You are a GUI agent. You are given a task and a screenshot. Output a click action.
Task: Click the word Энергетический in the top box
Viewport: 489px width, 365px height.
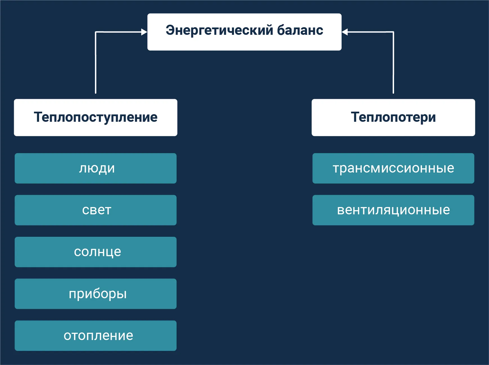click(x=219, y=30)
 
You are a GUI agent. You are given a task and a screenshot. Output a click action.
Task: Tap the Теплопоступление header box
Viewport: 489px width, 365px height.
click(x=95, y=118)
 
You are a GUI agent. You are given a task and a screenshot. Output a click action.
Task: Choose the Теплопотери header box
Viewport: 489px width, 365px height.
click(x=393, y=118)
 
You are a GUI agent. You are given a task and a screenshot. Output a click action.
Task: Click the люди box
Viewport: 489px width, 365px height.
click(x=95, y=168)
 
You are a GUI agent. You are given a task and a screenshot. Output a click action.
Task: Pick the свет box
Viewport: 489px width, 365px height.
click(x=95, y=210)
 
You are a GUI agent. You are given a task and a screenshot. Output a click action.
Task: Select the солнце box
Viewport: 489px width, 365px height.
click(x=95, y=252)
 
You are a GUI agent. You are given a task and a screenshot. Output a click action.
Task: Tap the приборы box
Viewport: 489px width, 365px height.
click(x=95, y=294)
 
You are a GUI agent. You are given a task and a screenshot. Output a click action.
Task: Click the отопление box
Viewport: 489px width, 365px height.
click(x=95, y=336)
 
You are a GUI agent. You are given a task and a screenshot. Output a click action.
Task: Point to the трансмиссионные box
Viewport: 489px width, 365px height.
click(x=393, y=168)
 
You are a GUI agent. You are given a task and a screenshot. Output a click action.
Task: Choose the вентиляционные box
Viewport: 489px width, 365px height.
click(x=393, y=210)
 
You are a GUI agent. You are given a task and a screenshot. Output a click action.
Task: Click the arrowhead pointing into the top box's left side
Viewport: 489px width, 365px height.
click(x=144, y=32)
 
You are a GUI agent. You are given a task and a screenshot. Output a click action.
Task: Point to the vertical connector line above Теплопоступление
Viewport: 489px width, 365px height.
click(x=96, y=65)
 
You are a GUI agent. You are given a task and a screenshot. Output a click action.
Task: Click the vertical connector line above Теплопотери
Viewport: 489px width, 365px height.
click(x=393, y=65)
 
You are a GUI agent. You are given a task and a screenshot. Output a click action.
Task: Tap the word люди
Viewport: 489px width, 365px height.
click(x=97, y=168)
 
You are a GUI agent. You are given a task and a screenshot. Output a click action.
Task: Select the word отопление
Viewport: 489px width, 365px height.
click(x=98, y=336)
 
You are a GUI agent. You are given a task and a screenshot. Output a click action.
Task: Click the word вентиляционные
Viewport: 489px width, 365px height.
click(x=393, y=210)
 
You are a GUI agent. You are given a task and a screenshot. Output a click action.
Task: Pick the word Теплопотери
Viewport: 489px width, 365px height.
click(x=393, y=117)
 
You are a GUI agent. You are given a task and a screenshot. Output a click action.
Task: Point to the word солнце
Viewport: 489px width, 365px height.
click(x=97, y=252)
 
